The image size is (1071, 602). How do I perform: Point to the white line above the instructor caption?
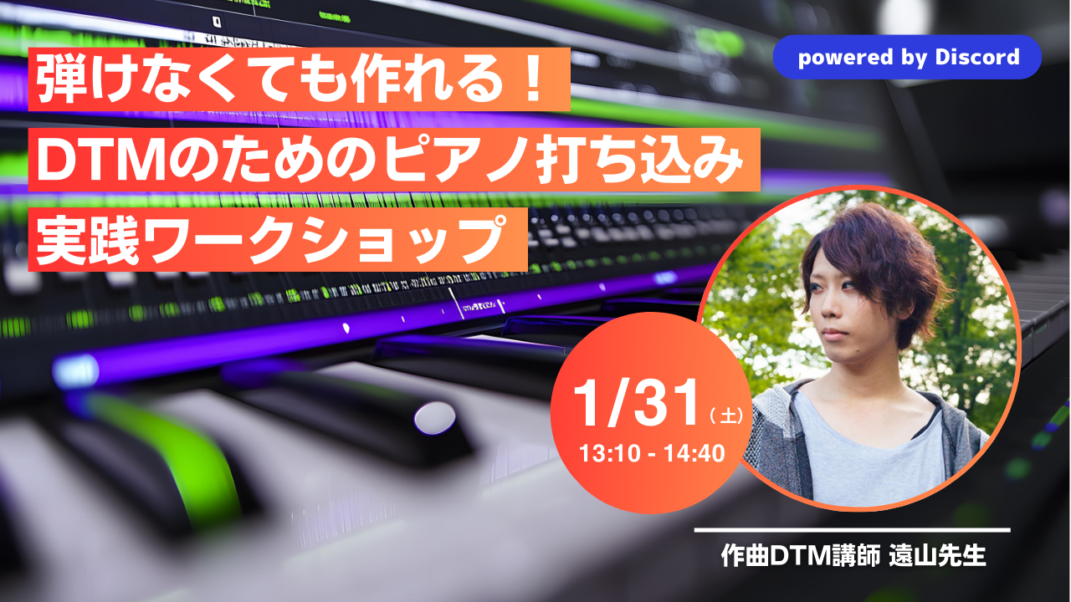(x=852, y=530)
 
